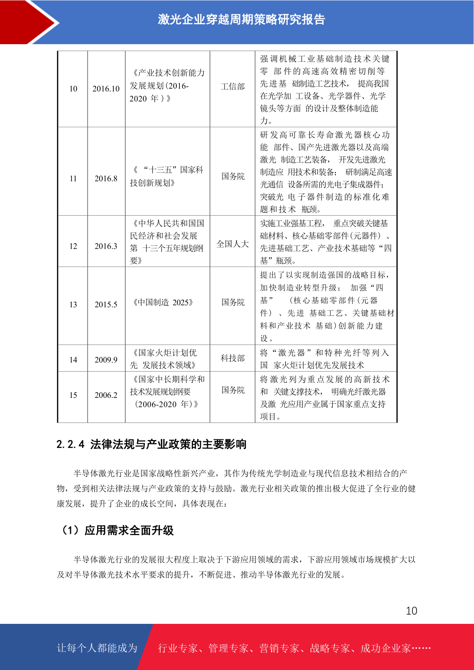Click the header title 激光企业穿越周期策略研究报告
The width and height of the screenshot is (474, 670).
tap(241, 19)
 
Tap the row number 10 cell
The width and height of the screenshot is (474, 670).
tap(73, 89)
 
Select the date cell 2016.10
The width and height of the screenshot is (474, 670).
tap(106, 89)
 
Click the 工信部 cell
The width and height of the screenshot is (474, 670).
tap(232, 87)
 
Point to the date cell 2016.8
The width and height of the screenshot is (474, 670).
tap(106, 179)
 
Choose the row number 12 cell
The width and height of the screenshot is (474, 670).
tap(73, 246)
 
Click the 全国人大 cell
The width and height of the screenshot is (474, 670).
tap(232, 244)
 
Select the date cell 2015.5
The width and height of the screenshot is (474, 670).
tap(106, 305)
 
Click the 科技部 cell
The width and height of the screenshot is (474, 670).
tap(232, 358)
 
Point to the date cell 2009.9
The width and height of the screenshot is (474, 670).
tap(106, 360)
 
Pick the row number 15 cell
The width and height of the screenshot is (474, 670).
tap(73, 395)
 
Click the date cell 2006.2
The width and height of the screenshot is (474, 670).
tap(106, 395)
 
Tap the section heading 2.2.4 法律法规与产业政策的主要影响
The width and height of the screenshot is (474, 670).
tap(151, 444)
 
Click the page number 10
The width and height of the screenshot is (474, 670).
tap(412, 611)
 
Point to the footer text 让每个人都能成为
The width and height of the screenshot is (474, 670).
tap(97, 648)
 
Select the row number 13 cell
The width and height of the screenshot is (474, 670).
tap(73, 305)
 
